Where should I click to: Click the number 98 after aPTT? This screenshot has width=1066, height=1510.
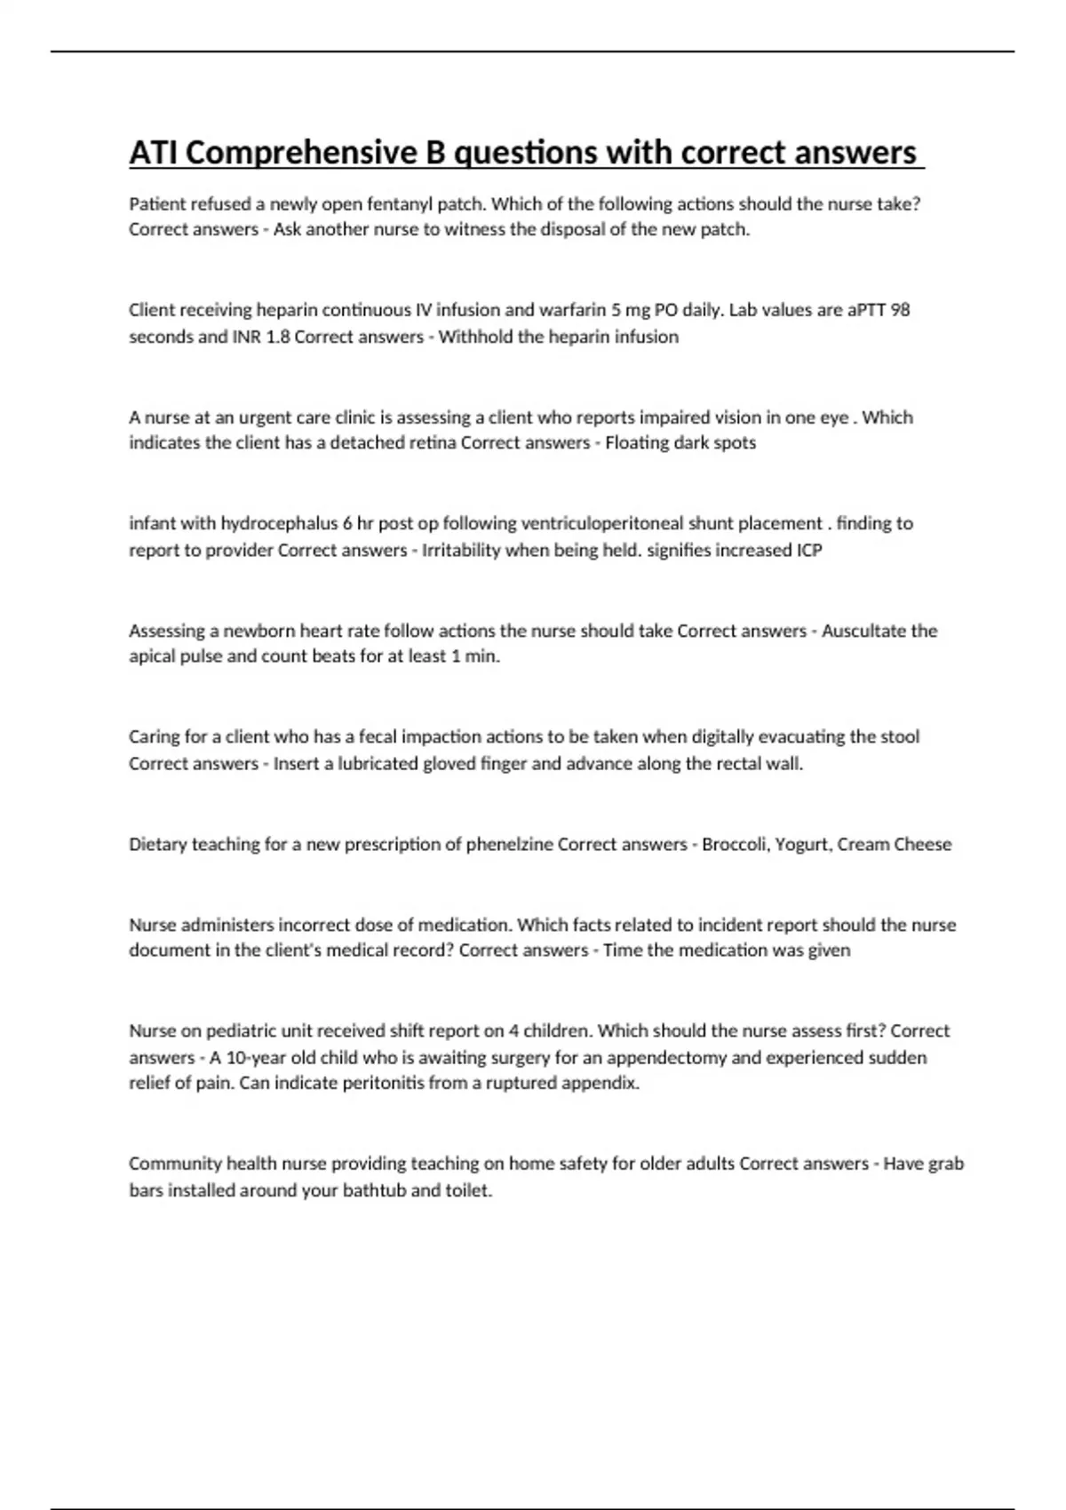click(x=900, y=310)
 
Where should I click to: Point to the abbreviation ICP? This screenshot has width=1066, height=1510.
click(x=808, y=550)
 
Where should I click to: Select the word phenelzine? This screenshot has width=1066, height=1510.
click(x=508, y=844)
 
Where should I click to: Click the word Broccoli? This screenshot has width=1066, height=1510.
click(x=734, y=844)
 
